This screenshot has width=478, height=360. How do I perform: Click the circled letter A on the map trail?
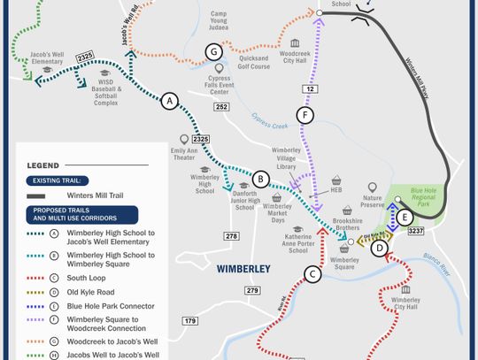(x=170, y=102)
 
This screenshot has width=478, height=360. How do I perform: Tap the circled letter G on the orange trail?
(x=212, y=51)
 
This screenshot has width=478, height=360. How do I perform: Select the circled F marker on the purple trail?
(x=305, y=116)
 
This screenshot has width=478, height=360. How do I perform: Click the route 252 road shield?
(x=220, y=107)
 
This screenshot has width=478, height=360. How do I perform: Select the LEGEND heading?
(x=43, y=165)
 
